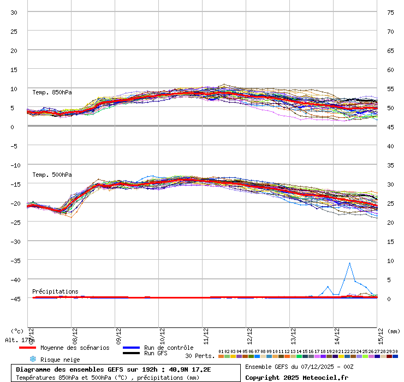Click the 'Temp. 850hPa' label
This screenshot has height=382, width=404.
tap(52, 92)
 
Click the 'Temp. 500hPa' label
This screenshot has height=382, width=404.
tap(52, 175)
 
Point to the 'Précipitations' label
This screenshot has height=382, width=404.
tap(55, 291)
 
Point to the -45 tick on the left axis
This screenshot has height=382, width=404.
tap(14, 299)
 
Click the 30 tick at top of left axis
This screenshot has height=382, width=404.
tap(14, 12)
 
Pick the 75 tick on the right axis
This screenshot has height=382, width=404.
tap(390, 12)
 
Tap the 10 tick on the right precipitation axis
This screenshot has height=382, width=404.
tap(390, 260)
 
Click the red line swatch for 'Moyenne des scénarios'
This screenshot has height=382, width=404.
tap(27, 348)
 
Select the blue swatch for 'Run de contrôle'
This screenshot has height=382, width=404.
tap(131, 348)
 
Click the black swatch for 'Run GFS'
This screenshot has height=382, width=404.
tap(131, 354)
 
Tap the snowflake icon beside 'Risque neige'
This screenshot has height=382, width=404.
tap(32, 359)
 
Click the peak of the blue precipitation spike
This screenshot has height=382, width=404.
tap(349, 263)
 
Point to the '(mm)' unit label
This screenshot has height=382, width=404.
tap(395, 331)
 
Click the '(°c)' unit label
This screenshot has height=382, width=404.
tap(17, 331)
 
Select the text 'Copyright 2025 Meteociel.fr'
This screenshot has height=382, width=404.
tap(296, 377)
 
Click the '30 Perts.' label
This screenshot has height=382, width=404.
tap(200, 356)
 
